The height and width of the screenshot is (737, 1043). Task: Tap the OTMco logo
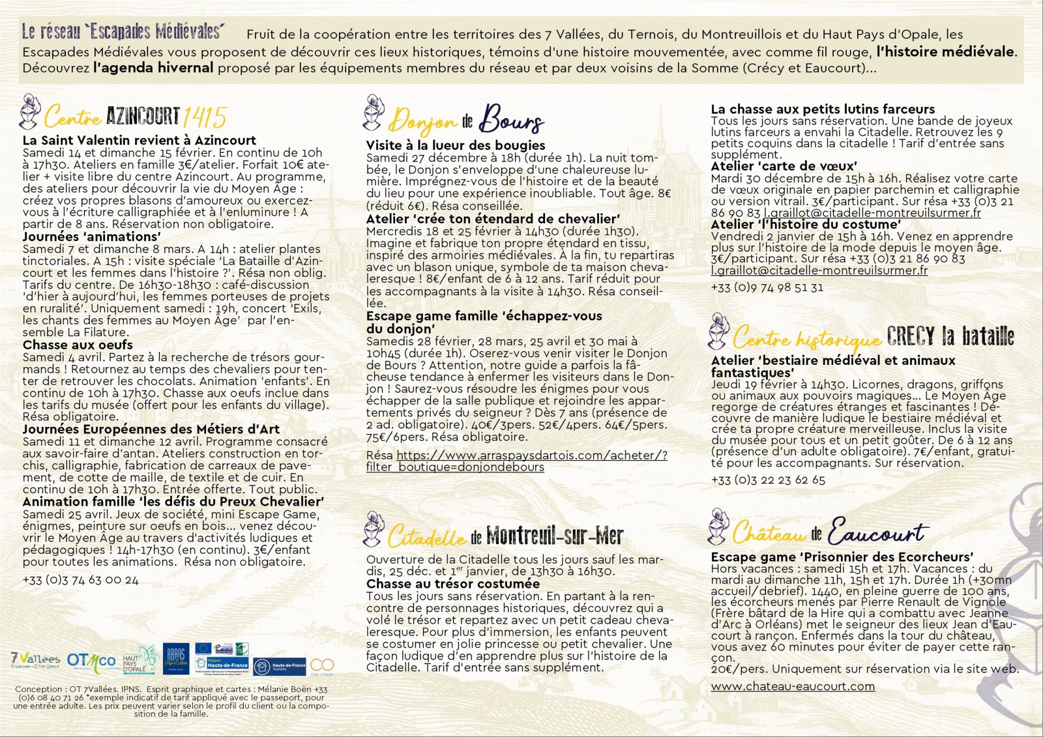pos(91,661)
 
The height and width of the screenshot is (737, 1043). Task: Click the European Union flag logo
pos(203,648)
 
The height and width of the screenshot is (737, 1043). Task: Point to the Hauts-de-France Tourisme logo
pos(279,667)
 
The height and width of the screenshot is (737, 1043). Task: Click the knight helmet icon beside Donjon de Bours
pos(373,113)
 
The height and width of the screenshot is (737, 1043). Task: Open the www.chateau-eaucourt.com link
pos(793,686)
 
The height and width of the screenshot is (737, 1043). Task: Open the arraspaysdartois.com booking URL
pos(516,461)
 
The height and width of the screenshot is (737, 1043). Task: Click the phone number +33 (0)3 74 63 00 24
pos(80,580)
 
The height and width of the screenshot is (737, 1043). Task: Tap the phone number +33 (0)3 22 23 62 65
pos(768,480)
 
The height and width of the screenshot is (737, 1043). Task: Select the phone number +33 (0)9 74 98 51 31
pos(767,287)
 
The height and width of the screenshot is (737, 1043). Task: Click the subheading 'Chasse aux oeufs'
pos(78,345)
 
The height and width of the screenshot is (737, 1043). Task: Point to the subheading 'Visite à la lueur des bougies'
pos(456,145)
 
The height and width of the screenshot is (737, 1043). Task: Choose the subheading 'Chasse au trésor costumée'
pos(452,584)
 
